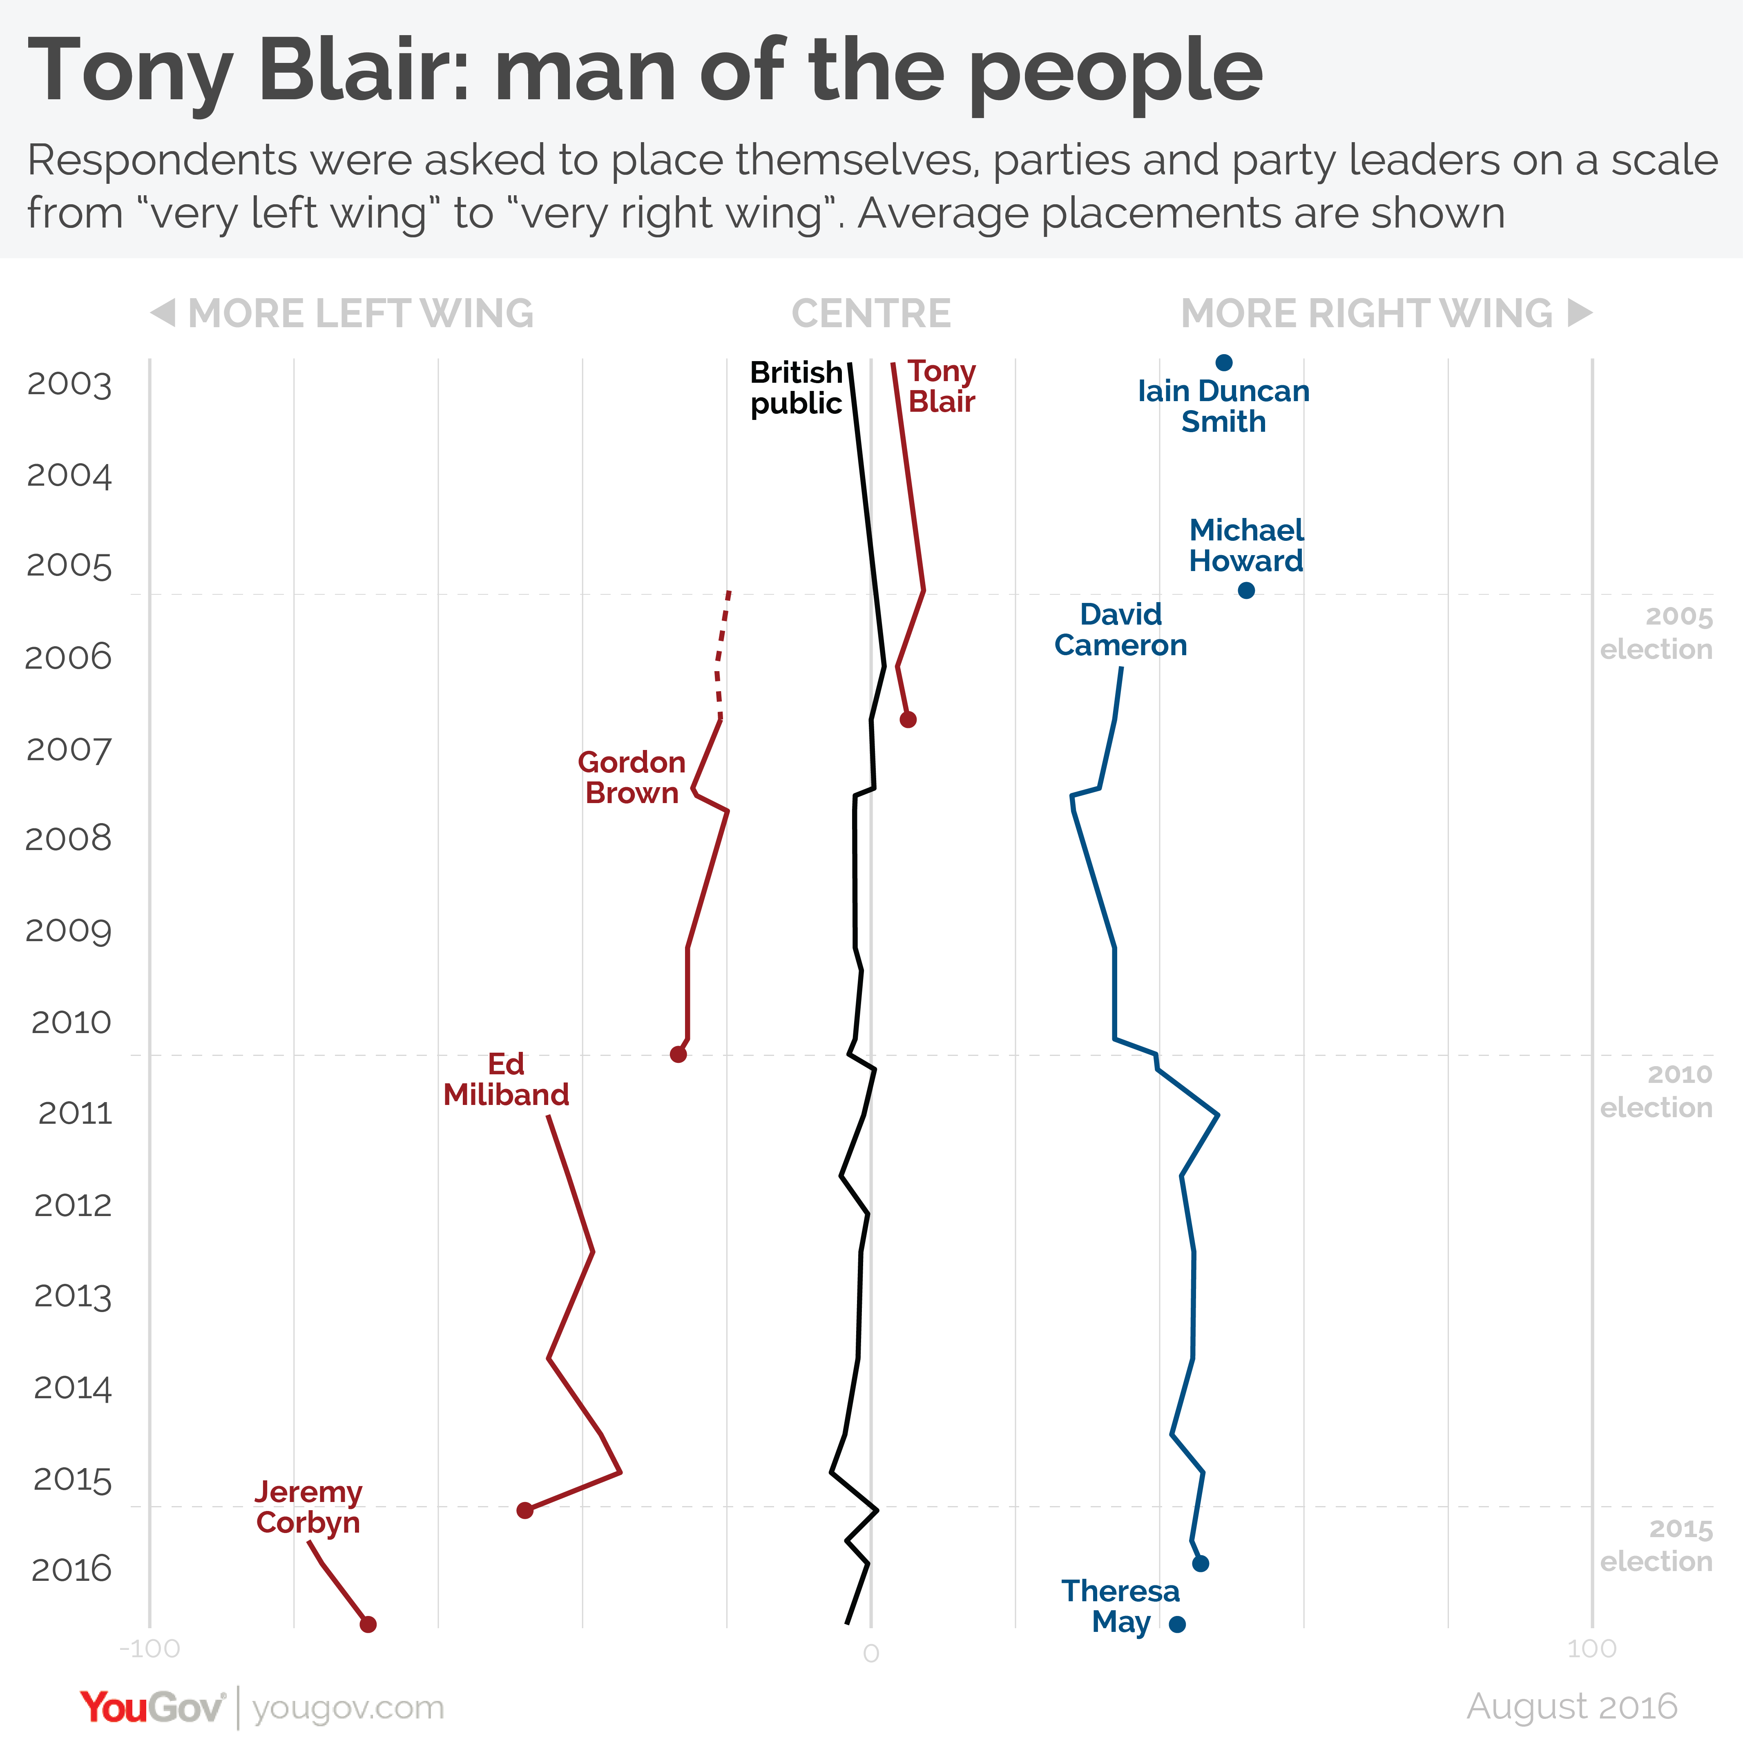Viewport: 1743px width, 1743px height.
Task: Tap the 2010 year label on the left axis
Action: pos(71,1022)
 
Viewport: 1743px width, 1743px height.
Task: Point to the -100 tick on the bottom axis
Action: pos(150,1648)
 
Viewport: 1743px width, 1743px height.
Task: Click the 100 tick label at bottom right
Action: pos(1591,1648)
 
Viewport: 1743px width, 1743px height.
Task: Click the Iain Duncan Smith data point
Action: pos(1223,363)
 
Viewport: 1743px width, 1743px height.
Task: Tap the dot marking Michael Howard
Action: pos(1246,590)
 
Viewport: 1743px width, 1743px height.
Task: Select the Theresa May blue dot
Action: pos(1176,1624)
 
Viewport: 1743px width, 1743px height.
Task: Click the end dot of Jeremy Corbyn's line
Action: pos(367,1624)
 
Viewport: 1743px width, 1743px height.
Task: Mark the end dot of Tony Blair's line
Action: pos(908,719)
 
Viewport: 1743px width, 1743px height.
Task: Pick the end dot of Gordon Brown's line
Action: pos(678,1054)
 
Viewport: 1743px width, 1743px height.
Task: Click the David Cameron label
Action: pos(1120,630)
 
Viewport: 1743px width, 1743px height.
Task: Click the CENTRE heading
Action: pos(870,313)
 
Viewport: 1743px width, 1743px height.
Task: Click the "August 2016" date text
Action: pos(1571,1706)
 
